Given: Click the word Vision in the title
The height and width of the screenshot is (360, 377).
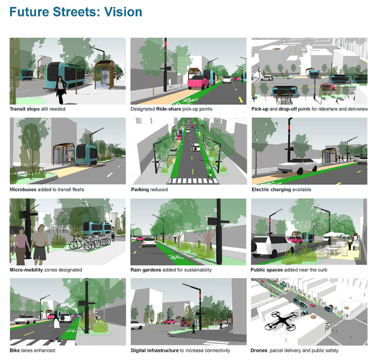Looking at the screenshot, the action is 123,12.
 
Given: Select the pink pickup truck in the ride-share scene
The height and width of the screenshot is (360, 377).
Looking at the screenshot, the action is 199,82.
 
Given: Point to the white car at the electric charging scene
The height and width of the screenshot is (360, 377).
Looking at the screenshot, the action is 299,166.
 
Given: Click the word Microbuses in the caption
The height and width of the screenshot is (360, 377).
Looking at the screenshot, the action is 23,190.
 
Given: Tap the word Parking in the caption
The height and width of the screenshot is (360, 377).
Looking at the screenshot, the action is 140,190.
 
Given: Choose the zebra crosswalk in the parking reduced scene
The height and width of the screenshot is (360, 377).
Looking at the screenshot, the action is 193,181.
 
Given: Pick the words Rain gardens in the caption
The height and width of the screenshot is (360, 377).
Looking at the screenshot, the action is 145,270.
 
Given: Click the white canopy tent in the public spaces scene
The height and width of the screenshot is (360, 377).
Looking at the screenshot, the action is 334,234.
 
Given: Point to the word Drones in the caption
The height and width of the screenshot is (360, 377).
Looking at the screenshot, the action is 259,351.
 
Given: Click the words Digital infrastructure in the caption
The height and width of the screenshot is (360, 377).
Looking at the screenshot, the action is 154,351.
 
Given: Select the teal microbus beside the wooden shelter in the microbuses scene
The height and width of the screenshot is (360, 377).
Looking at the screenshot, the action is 86,155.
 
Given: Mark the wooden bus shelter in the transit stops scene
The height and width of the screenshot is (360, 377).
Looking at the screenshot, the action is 105,75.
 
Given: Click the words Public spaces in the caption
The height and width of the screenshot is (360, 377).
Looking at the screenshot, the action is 267,270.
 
